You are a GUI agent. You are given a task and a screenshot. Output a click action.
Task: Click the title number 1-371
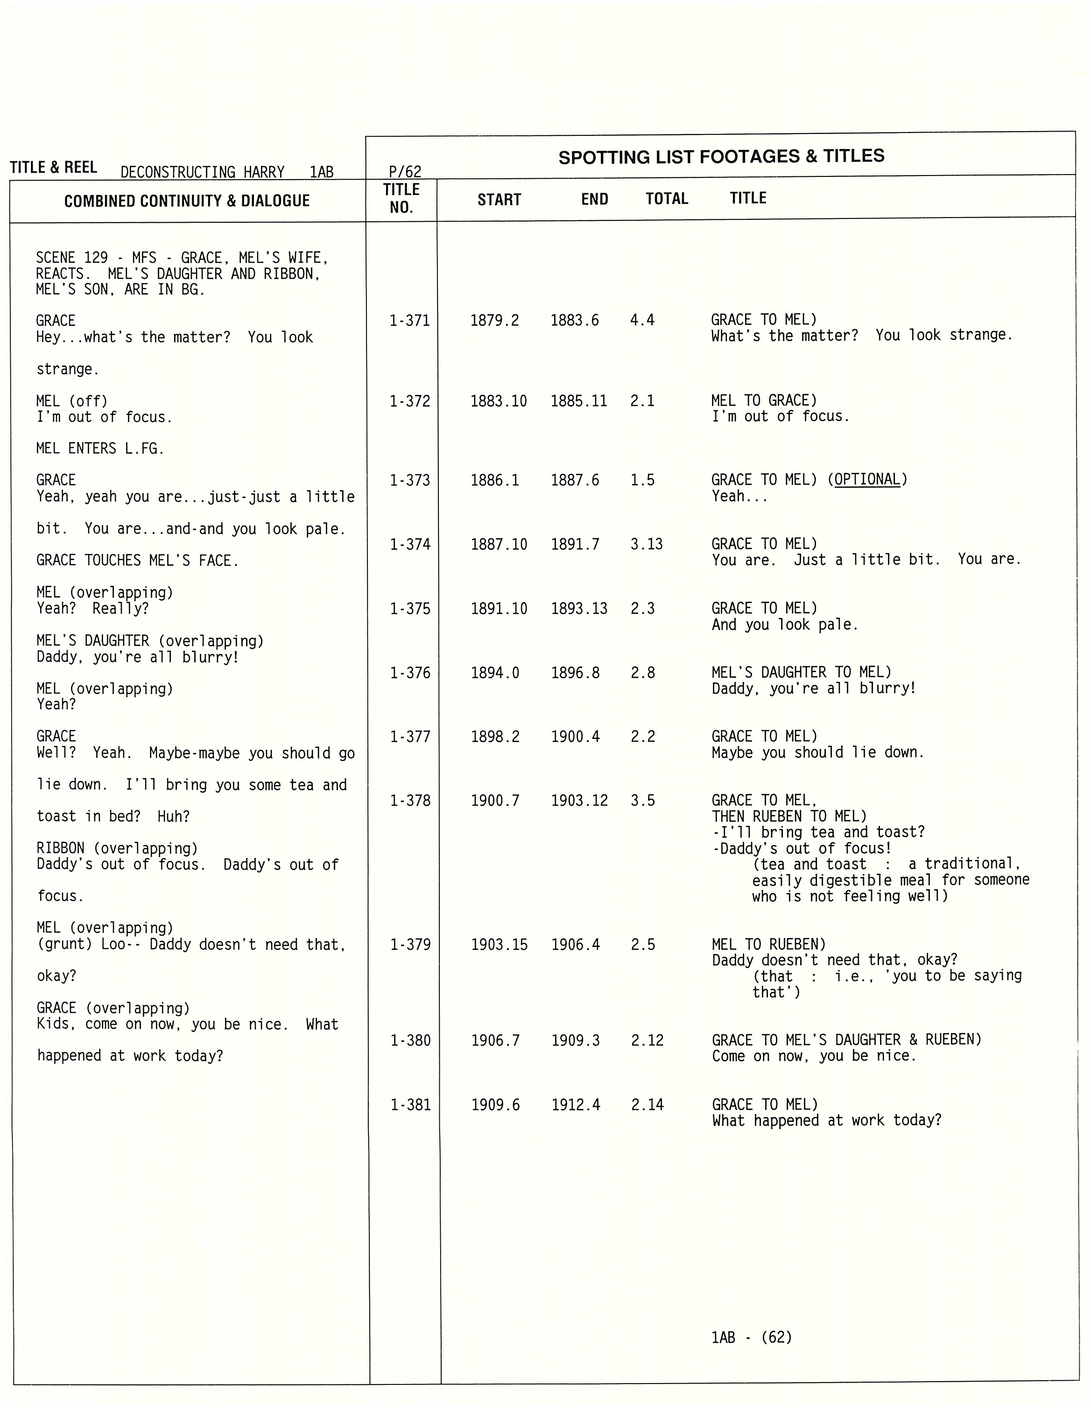coord(409,321)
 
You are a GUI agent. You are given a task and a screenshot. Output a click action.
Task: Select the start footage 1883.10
coord(498,401)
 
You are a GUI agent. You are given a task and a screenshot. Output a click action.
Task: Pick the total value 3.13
coord(646,544)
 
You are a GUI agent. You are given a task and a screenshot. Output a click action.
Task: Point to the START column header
coord(499,200)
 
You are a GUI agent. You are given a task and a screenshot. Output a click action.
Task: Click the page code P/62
coord(405,171)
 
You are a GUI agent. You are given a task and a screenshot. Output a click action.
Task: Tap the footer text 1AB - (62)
coord(751,1337)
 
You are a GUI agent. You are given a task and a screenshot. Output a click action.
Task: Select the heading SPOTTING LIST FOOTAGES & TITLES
coord(721,156)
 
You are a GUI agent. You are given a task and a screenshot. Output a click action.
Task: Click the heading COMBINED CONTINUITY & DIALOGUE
coord(187,201)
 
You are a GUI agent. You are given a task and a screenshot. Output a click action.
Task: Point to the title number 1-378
coord(410,801)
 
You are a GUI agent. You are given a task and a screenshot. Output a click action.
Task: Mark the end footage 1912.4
coord(576,1105)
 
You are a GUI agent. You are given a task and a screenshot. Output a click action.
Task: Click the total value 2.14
coord(648,1105)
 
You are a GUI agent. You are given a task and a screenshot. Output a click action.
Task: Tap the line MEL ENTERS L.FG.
coord(100,449)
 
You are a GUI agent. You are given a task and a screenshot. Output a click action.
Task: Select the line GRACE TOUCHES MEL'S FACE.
coord(137,561)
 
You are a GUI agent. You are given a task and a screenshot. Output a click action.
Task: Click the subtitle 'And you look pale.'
coord(784,625)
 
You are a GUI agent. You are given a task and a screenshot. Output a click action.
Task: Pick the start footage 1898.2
coord(495,737)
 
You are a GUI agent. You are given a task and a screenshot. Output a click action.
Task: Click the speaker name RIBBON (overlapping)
coord(117,848)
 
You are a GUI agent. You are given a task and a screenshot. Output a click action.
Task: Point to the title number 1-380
coord(410,1040)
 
